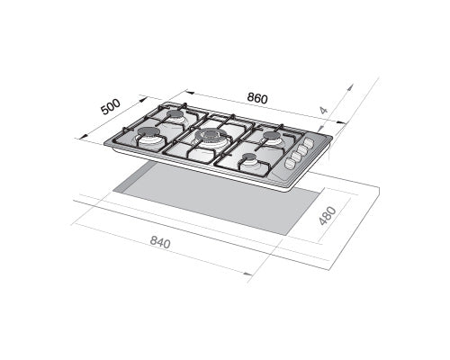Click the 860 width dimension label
[x=256, y=97]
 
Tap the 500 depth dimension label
[x=111, y=106]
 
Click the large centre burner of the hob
[x=211, y=138]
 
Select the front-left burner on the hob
[x=148, y=140]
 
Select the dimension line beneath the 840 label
[x=162, y=252]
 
